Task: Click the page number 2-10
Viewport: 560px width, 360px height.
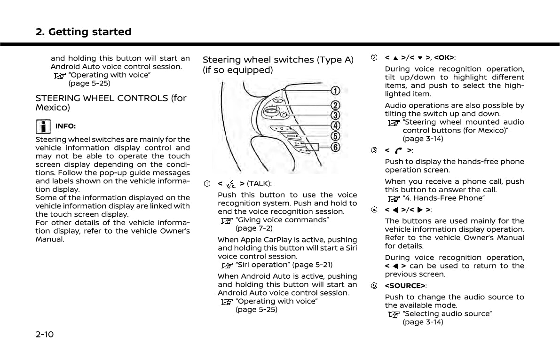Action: (45, 335)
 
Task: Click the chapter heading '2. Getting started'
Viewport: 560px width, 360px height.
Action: (84, 32)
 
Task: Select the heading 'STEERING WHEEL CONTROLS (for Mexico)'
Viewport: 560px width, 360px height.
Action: (111, 102)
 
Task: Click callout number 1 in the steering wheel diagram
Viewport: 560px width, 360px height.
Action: (335, 90)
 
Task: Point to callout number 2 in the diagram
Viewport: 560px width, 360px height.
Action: (335, 105)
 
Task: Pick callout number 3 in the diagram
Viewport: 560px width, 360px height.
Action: (335, 115)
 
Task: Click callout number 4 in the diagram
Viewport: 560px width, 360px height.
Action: (335, 125)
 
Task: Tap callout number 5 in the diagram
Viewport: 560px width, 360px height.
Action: (335, 136)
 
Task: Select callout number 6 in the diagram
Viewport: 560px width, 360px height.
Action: (335, 147)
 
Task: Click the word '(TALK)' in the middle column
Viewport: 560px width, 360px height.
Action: (259, 183)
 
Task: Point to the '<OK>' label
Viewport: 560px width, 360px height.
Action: (443, 58)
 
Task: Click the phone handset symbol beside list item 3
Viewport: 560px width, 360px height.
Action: (399, 150)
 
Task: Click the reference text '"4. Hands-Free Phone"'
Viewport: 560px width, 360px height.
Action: (443, 198)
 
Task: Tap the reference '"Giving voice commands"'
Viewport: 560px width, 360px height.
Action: (282, 220)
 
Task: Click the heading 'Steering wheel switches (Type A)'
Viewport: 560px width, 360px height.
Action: (278, 60)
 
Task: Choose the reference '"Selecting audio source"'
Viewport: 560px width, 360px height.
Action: (447, 313)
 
